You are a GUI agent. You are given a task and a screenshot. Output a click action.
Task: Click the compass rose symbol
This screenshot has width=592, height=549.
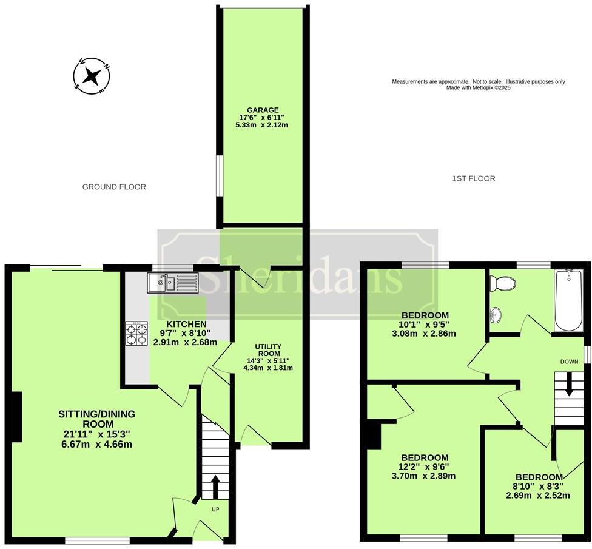92,76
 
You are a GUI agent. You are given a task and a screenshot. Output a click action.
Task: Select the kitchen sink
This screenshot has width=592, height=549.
173,282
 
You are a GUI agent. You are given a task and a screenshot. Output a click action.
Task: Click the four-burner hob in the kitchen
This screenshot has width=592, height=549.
136,333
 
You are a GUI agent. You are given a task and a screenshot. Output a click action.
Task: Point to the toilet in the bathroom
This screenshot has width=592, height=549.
503,283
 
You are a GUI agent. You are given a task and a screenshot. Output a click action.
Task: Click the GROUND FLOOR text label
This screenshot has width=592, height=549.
114,187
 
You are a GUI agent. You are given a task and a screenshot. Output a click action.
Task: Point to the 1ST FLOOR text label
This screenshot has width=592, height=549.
474,178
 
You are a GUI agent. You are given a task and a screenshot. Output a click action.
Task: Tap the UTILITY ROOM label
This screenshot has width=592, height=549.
267,349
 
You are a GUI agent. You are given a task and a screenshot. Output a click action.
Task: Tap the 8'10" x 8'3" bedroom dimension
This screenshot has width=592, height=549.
539,486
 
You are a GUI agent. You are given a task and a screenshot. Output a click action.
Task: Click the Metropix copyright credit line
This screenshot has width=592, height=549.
479,87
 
